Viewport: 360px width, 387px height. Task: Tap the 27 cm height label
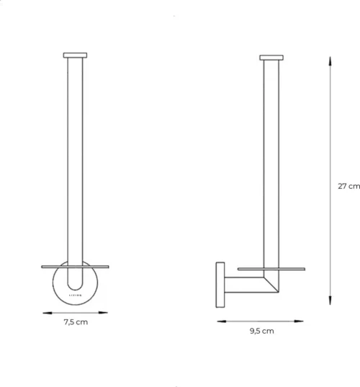(x=348, y=186)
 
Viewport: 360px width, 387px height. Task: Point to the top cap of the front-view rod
(x=75, y=54)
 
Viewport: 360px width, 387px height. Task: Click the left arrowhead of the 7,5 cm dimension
(x=45, y=312)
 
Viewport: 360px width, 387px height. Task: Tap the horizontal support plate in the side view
(x=272, y=269)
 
